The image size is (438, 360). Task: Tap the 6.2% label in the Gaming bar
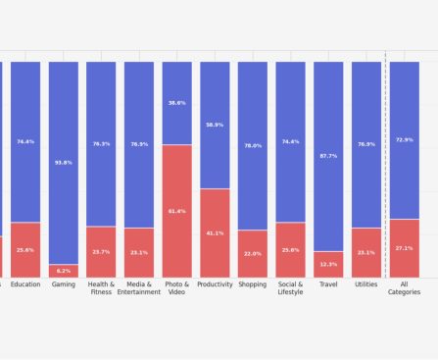tap(64, 271)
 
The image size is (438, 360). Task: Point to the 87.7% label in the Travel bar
tap(328, 156)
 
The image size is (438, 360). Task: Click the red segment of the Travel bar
tap(328, 265)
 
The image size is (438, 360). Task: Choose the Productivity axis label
tap(215, 284)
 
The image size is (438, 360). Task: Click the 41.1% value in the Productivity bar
tap(215, 233)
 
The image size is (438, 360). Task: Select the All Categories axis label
tap(404, 288)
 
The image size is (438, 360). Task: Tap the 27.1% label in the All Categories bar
tap(404, 248)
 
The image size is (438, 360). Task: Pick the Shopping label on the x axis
tap(252, 284)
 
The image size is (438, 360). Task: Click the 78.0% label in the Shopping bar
tap(252, 145)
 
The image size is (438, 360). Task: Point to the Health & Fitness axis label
tap(101, 288)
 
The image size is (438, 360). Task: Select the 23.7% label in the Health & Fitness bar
tap(101, 252)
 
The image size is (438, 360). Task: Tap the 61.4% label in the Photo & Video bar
tap(176, 211)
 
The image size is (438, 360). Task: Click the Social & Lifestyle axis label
tap(290, 288)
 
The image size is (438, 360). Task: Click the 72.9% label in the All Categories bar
tap(404, 140)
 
